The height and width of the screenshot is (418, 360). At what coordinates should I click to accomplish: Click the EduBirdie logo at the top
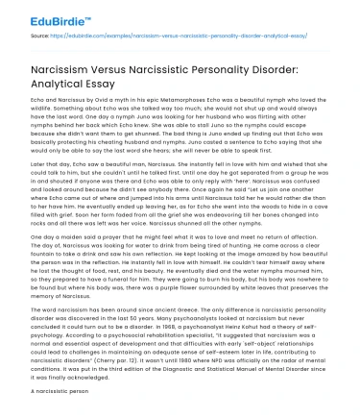tap(39, 16)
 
